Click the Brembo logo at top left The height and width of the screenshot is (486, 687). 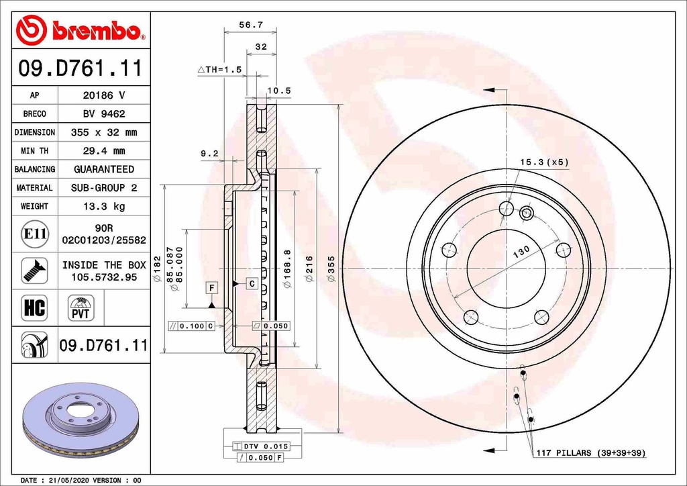click(x=80, y=30)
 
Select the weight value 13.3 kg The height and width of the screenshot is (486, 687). click(x=103, y=206)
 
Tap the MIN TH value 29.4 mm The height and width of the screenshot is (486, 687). click(x=103, y=151)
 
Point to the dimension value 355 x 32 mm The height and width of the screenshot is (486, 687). click(x=103, y=132)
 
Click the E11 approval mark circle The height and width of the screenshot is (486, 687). click(x=34, y=234)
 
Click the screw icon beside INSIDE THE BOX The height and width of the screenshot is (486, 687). click(x=34, y=270)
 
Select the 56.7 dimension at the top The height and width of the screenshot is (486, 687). click(x=251, y=25)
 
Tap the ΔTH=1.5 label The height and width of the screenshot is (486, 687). click(x=219, y=69)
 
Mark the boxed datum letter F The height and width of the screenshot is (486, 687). click(x=212, y=288)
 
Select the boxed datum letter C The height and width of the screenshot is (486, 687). click(x=252, y=283)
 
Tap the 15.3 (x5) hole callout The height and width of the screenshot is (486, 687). click(x=544, y=162)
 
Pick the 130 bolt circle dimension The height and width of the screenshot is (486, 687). click(x=522, y=250)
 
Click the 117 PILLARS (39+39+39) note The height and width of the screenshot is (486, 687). click(x=590, y=453)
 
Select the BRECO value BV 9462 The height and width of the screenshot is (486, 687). click(x=103, y=114)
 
